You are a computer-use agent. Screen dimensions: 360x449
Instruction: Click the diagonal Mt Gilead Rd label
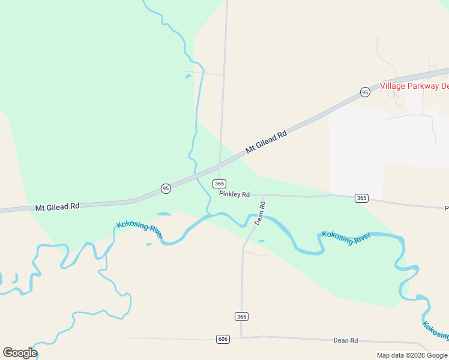[266, 142]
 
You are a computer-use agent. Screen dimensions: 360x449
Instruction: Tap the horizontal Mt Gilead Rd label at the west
[57, 207]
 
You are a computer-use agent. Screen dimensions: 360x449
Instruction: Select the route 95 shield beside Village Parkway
[365, 92]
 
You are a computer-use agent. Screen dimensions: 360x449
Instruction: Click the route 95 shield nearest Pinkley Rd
[166, 188]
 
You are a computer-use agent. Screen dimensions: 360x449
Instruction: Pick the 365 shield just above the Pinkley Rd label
[219, 184]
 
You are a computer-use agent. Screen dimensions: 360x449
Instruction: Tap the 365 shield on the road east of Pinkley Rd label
[361, 198]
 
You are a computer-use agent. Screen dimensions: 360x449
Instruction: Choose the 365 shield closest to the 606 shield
[241, 316]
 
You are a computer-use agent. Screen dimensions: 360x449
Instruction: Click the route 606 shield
[223, 339]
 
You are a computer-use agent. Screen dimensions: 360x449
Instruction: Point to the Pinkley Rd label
[234, 194]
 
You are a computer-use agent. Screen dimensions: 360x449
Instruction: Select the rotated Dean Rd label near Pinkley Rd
[260, 213]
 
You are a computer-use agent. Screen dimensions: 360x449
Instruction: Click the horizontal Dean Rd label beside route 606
[346, 340]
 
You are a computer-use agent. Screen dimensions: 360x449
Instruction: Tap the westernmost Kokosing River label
[139, 229]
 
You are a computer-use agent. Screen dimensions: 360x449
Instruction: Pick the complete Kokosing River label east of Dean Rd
[346, 236]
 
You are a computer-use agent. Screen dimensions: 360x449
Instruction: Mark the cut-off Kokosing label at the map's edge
[435, 331]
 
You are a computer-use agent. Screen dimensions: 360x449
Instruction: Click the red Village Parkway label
[414, 86]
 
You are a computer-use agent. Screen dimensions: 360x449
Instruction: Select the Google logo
[20, 353]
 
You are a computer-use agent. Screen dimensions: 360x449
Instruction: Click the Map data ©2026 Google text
[412, 355]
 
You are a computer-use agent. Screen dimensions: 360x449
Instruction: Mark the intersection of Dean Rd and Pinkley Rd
[263, 195]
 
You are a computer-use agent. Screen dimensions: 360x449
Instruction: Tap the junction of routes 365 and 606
[241, 337]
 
